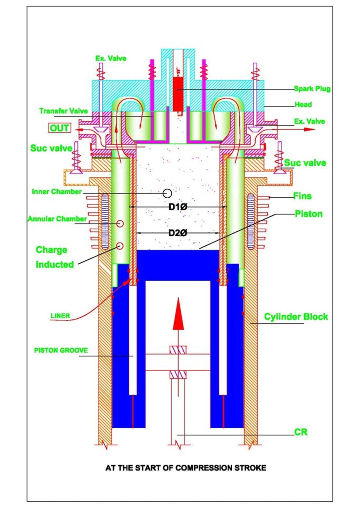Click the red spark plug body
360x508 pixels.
pyautogui.click(x=178, y=93)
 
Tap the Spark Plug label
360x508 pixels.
pyautogui.click(x=312, y=89)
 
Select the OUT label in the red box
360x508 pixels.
pyautogui.click(x=60, y=128)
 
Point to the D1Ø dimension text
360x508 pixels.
pyautogui.click(x=178, y=207)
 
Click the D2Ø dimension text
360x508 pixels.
pyautogui.click(x=178, y=233)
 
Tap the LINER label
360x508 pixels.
pyautogui.click(x=60, y=316)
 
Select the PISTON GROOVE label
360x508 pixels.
pyautogui.click(x=61, y=350)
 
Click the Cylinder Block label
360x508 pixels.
pyautogui.click(x=296, y=317)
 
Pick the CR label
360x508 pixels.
pyautogui.click(x=301, y=432)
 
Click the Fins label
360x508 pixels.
pyautogui.click(x=302, y=196)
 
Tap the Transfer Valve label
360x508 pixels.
pyautogui.click(x=63, y=111)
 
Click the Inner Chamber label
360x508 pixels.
pyautogui.click(x=57, y=192)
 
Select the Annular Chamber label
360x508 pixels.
pyautogui.click(x=57, y=219)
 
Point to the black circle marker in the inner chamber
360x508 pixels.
pyautogui.click(x=167, y=193)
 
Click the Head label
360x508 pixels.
pyautogui.click(x=303, y=105)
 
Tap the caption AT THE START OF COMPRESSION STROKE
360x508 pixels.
pyautogui.click(x=186, y=468)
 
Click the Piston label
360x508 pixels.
pyautogui.click(x=309, y=214)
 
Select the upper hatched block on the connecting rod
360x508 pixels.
pyautogui.click(x=178, y=350)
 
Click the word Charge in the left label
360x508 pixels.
pyautogui.click(x=51, y=250)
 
